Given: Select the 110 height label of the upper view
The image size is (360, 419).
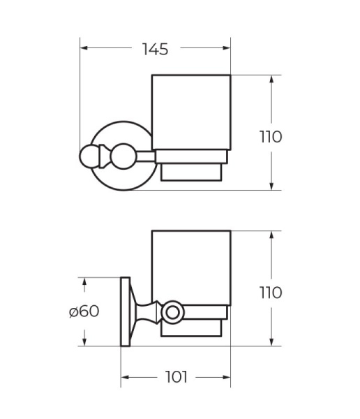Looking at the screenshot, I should (x=269, y=136).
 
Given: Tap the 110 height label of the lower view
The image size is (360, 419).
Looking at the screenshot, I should (x=269, y=292).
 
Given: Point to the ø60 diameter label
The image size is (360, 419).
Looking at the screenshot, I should (x=84, y=311).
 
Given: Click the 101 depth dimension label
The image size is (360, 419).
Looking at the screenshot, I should (x=177, y=377).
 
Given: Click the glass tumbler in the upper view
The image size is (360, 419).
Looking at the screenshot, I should (x=191, y=112).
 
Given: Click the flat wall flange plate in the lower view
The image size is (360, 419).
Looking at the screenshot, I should (x=126, y=311).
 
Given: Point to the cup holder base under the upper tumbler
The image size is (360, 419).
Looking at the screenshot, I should (x=191, y=164).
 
